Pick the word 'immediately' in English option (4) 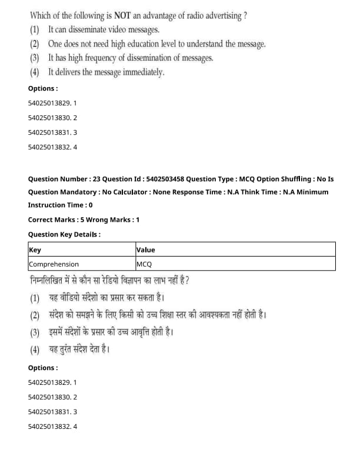143,72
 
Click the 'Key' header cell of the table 35,249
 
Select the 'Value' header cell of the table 146,249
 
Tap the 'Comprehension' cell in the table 54,264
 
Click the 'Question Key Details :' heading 64,234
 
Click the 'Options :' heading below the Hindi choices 43,368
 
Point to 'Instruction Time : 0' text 60,205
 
